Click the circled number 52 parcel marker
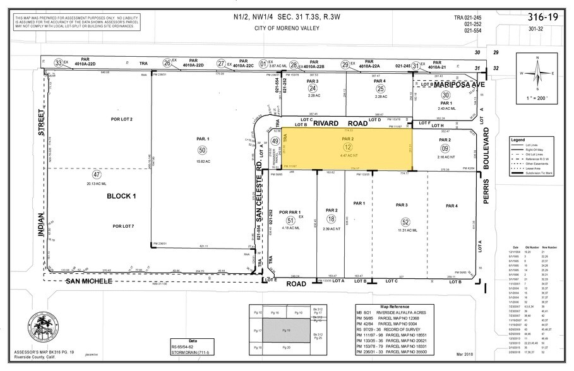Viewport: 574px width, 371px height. pyautogui.click(x=405, y=221)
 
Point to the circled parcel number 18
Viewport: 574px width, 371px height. pyautogui.click(x=332, y=218)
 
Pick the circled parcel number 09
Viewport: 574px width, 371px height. pyautogui.click(x=445, y=148)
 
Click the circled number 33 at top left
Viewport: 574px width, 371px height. pyautogui.click(x=59, y=62)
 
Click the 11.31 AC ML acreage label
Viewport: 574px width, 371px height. pyautogui.click(x=405, y=231)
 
